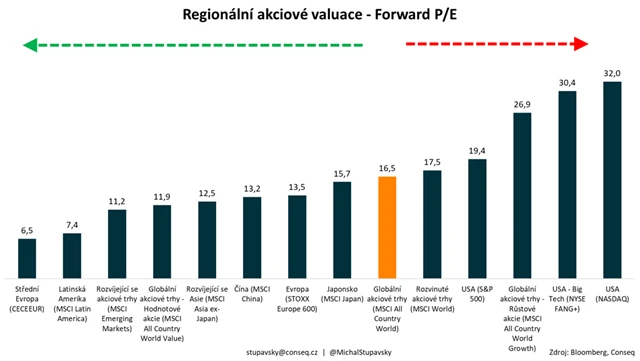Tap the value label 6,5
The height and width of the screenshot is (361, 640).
(x=27, y=230)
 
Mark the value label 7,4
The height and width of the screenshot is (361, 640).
(x=71, y=225)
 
